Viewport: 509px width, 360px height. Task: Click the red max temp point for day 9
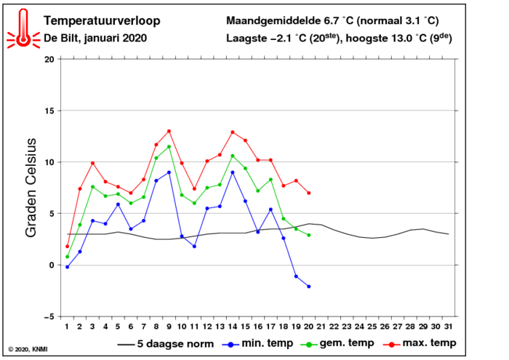click(169, 131)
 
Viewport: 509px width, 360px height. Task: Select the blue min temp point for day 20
click(309, 287)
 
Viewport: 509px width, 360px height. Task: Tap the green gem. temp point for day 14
click(233, 156)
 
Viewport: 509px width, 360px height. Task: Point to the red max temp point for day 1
click(67, 247)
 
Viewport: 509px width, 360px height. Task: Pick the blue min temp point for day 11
click(194, 247)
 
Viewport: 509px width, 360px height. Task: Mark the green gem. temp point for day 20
click(309, 235)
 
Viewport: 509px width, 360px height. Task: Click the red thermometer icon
click(23, 28)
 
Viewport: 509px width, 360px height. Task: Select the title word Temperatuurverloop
click(102, 21)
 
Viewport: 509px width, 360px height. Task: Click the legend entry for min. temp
click(257, 343)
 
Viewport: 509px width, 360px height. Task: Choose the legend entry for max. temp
click(420, 343)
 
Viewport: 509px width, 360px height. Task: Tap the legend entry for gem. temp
click(337, 343)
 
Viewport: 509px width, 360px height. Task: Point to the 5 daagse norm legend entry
click(166, 344)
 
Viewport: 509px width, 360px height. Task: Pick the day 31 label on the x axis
click(449, 327)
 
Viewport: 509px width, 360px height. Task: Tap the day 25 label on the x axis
click(372, 327)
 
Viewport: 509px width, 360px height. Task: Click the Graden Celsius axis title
click(31, 188)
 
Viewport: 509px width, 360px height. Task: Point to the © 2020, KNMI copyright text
click(28, 349)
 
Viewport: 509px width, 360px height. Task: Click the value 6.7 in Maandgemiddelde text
click(332, 21)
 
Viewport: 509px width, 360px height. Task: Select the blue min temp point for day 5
click(118, 204)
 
